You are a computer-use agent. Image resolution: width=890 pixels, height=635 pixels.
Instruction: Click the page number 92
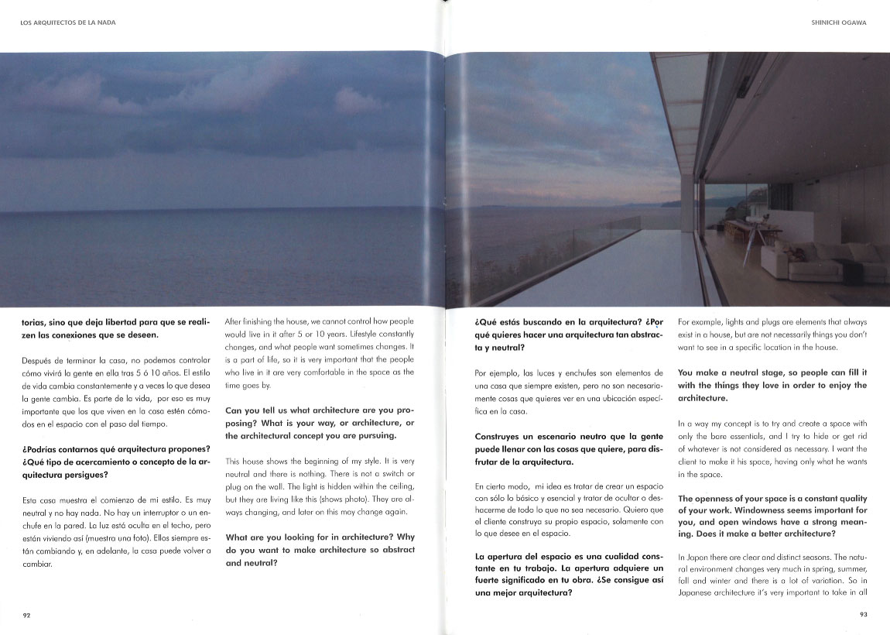26,616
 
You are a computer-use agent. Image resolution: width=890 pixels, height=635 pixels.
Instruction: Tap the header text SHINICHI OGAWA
837,22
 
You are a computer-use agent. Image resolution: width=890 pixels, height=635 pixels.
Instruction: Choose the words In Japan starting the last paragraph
693,558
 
